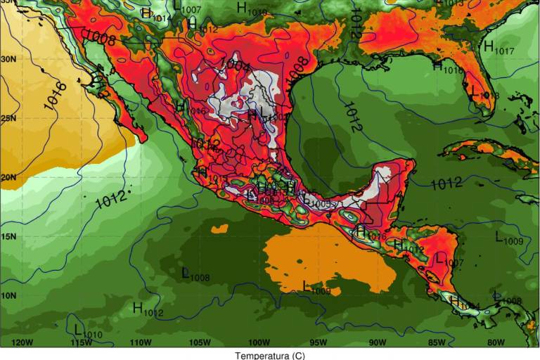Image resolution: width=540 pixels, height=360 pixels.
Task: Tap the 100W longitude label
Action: point(259,342)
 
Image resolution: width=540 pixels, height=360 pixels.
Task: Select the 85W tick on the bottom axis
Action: point(437,342)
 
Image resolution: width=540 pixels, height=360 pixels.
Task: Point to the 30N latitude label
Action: point(8,59)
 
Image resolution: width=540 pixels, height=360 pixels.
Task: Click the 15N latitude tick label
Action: point(8,236)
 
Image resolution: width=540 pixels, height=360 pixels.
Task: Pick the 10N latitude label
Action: point(8,295)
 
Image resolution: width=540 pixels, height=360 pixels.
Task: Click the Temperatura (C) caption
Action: point(270,355)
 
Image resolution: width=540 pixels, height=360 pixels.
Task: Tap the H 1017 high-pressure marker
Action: point(498,48)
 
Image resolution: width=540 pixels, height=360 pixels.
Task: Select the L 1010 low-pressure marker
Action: point(87,331)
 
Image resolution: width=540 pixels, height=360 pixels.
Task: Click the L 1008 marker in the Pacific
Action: point(195,274)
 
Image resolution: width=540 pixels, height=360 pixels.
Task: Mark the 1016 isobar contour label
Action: point(56,96)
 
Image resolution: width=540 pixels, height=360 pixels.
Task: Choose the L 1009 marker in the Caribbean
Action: point(508,238)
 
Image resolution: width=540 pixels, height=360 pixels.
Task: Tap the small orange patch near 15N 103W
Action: point(219,229)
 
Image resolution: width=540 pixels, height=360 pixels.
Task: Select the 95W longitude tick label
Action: point(318,342)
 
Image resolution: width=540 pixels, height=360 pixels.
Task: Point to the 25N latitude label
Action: point(8,118)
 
